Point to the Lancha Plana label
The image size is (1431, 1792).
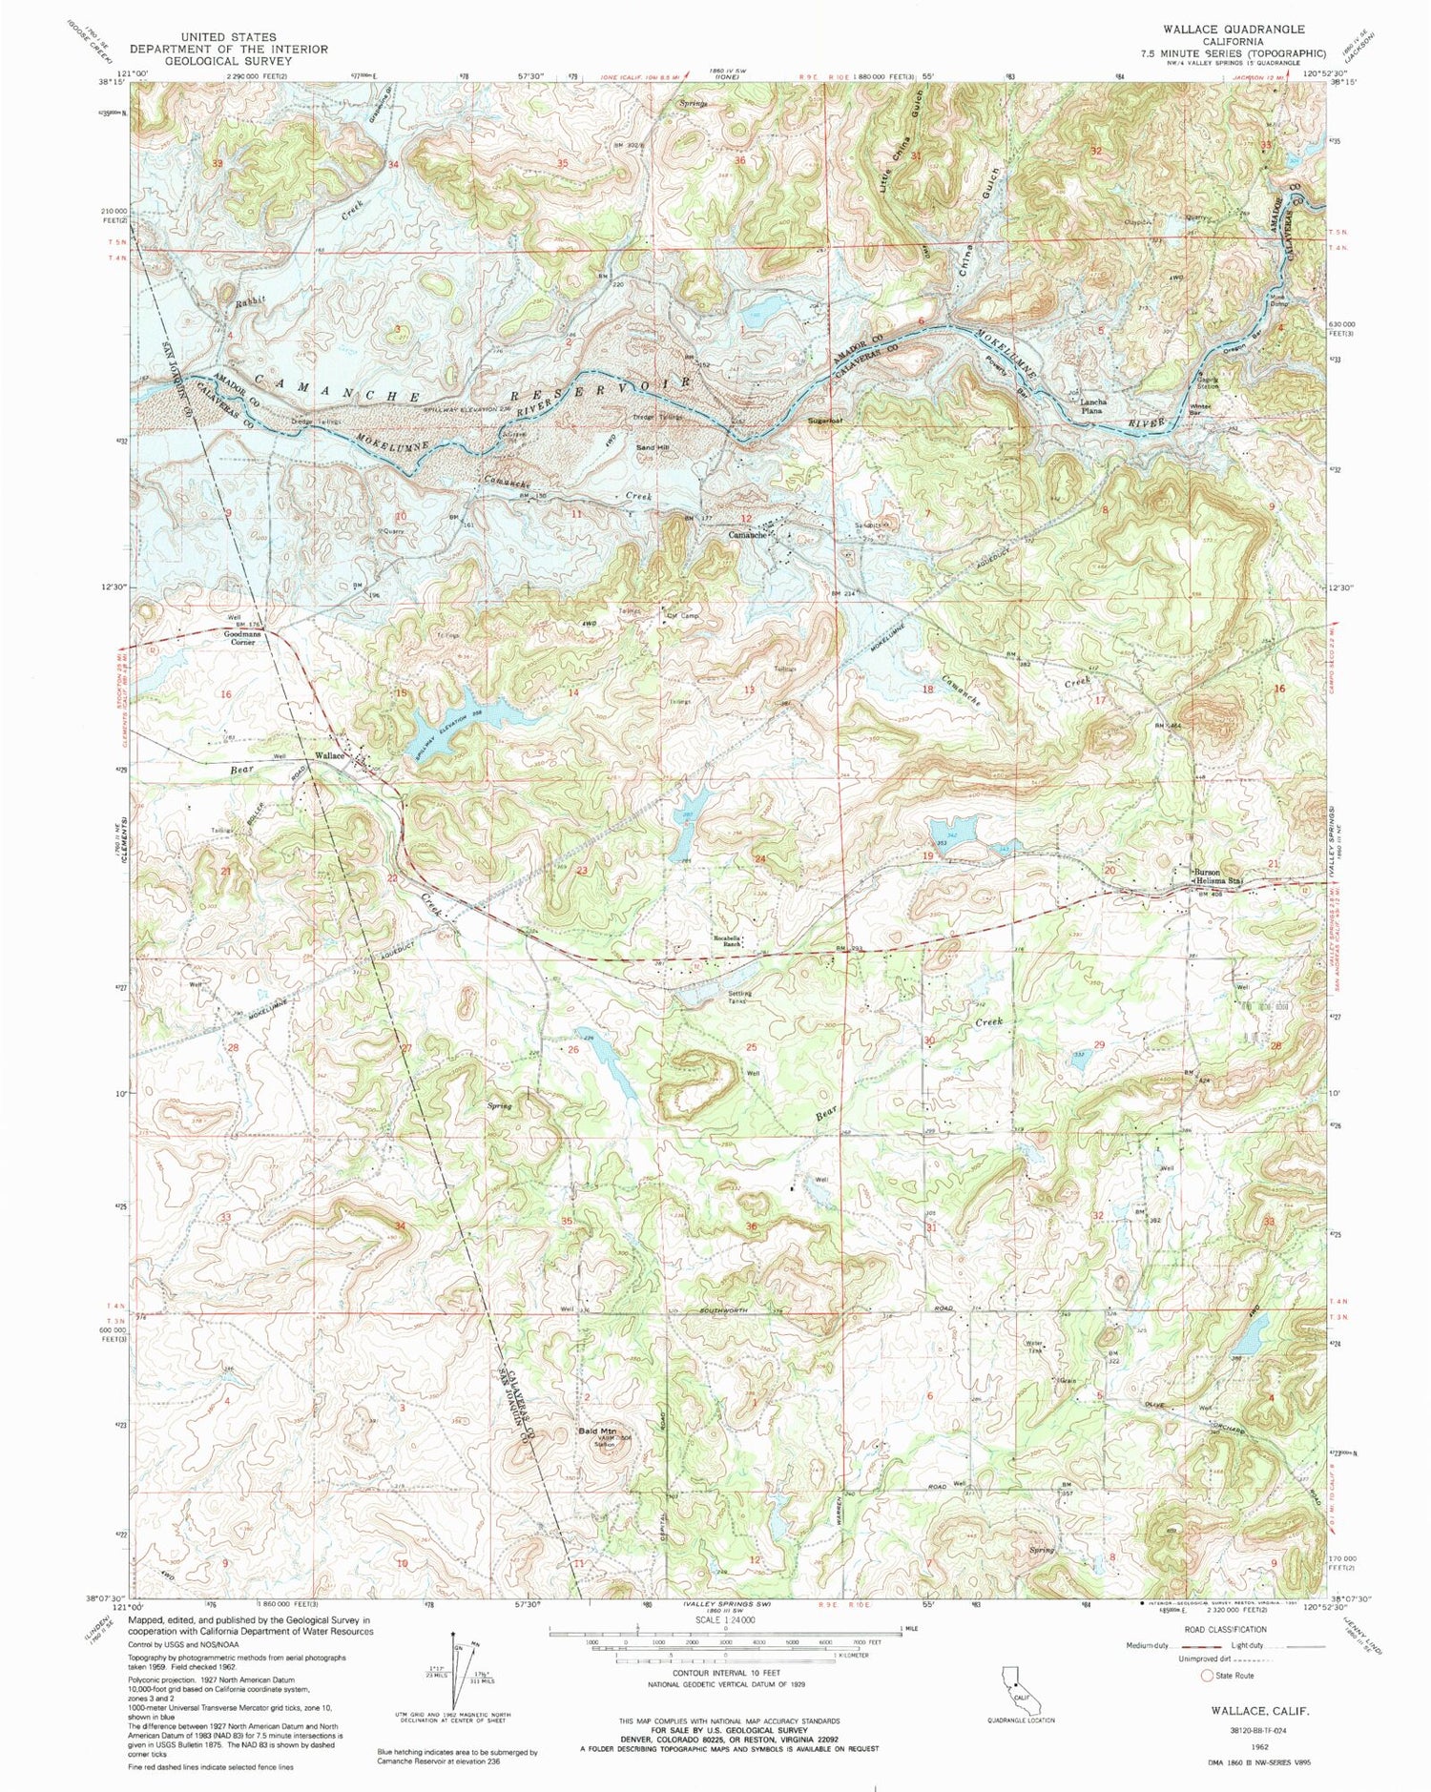click(1091, 405)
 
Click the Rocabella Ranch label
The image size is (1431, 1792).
click(733, 941)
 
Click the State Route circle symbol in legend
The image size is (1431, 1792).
click(1208, 1675)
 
